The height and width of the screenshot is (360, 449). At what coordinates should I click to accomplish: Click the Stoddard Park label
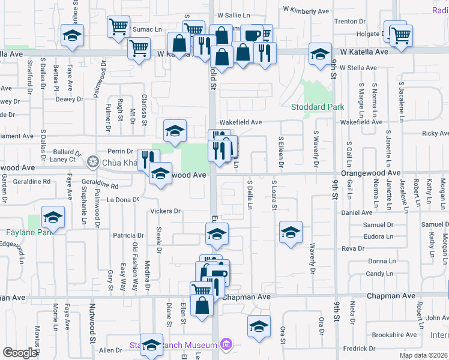(318, 107)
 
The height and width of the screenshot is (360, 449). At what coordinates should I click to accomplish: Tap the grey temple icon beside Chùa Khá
(92, 161)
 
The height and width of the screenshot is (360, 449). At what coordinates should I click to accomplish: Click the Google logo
(20, 353)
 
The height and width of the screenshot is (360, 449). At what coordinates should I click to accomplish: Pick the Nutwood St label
(93, 328)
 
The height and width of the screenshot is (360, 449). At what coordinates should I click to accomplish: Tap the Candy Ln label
(379, 274)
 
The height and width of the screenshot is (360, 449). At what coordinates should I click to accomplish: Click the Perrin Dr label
(120, 151)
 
